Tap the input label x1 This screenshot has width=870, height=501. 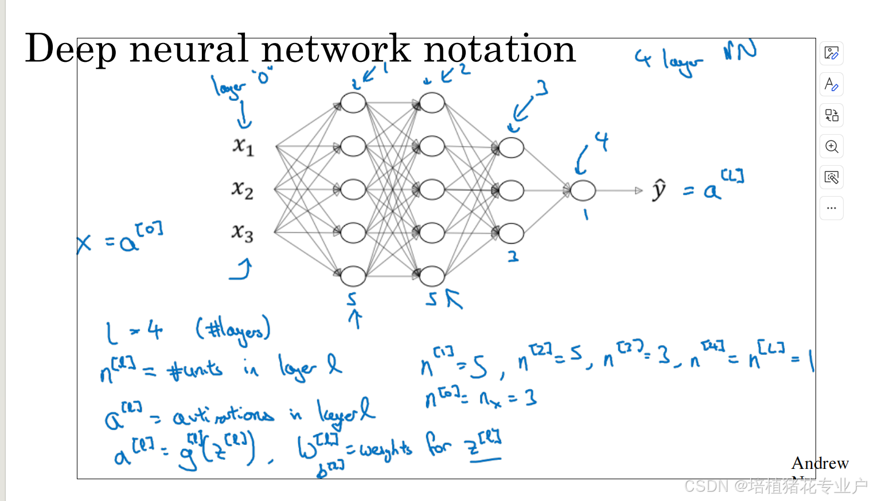tap(243, 146)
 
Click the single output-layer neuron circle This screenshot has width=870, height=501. tap(583, 190)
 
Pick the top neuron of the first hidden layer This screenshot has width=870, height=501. tap(353, 103)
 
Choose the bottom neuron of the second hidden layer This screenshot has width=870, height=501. tap(432, 276)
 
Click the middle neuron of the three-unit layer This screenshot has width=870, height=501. tap(511, 190)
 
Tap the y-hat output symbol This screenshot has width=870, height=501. tap(660, 190)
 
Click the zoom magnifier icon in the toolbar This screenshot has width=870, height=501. tap(832, 146)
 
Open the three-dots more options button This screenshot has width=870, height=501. tap(832, 208)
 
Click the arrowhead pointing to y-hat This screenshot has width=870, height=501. tap(639, 190)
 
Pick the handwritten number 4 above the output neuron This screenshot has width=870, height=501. tap(601, 140)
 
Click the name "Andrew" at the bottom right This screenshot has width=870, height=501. tap(820, 463)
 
